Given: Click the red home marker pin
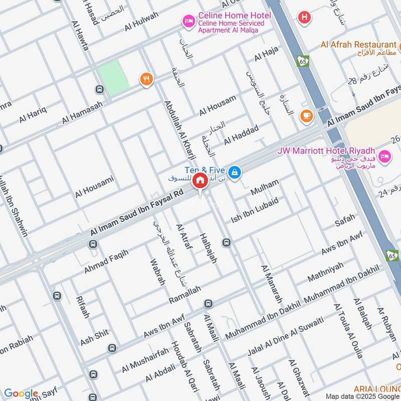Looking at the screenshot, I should [x=200, y=181].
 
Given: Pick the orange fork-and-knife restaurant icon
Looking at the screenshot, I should [x=146, y=79].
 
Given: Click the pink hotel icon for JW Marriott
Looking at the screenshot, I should [x=385, y=156].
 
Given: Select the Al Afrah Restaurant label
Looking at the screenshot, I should [x=358, y=45].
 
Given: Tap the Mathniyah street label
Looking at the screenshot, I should [x=326, y=271].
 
